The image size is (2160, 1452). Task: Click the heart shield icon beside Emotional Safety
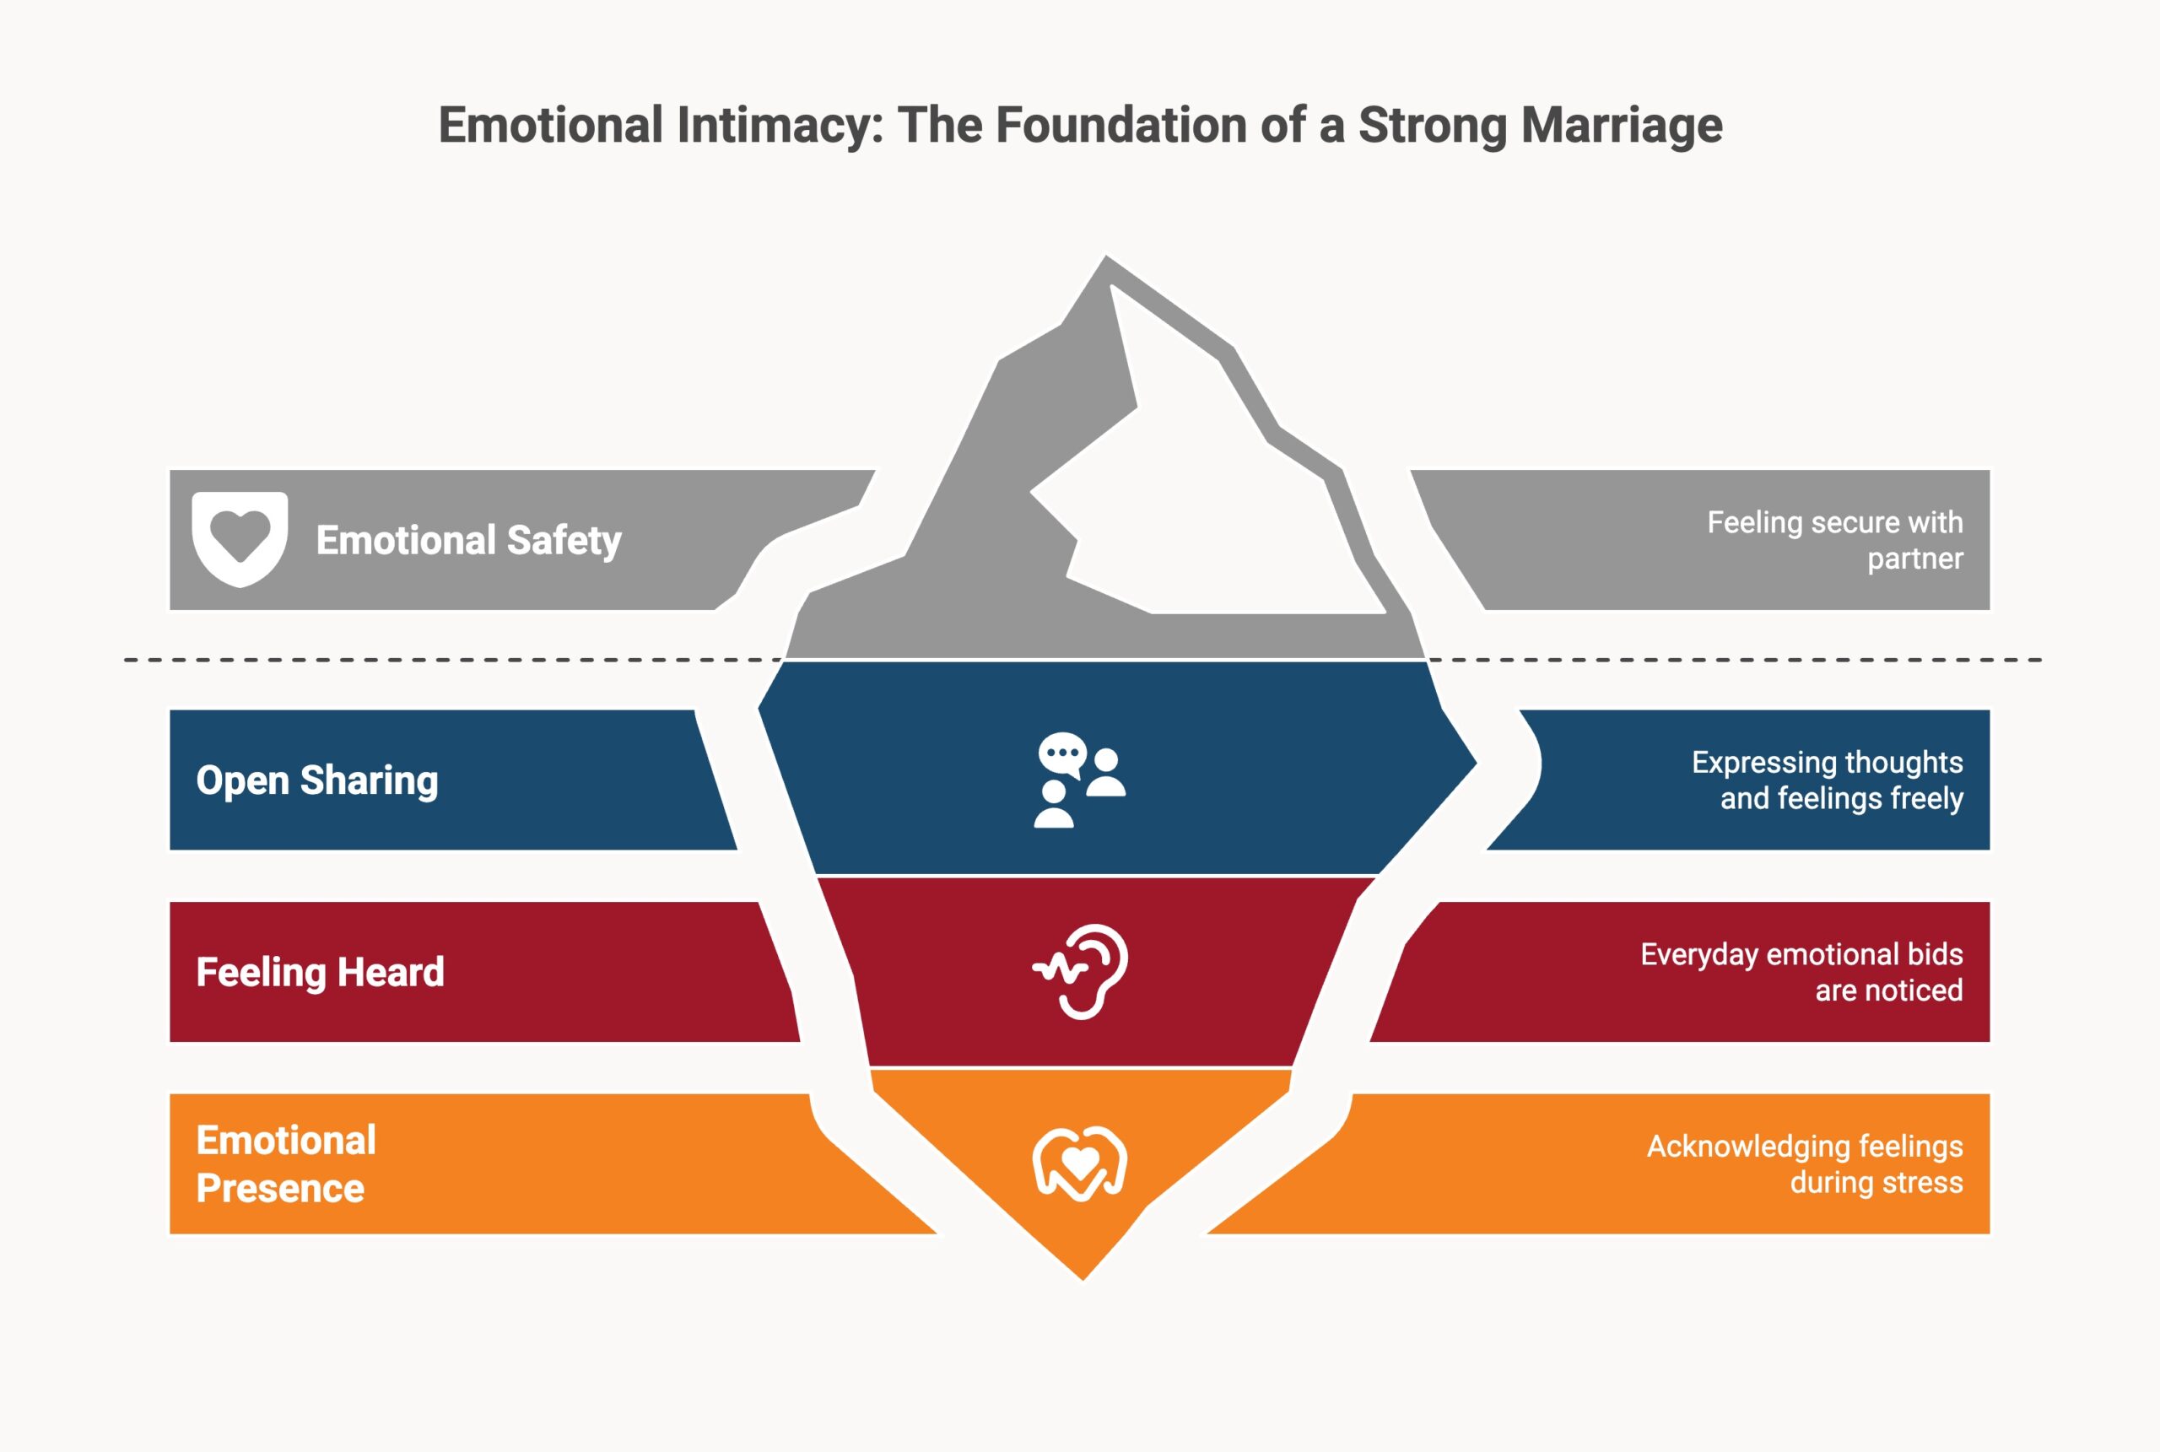240,538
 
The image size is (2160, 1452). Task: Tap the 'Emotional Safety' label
468,540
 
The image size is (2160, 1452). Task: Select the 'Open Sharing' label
316,780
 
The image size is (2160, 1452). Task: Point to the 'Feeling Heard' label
320,971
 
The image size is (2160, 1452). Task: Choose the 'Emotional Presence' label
285,1163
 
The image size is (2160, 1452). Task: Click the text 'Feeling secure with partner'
1834,540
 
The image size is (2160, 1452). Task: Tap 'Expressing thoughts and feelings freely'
1827,780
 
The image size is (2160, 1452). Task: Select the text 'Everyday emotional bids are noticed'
1801,971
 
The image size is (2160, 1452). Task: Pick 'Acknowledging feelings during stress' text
1805,1163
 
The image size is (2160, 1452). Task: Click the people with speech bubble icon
1079,780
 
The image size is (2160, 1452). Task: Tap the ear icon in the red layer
1082,971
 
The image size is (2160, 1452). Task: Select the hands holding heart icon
1079,1163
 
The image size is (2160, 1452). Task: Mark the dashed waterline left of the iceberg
445,661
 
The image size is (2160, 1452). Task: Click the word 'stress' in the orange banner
1922,1183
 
